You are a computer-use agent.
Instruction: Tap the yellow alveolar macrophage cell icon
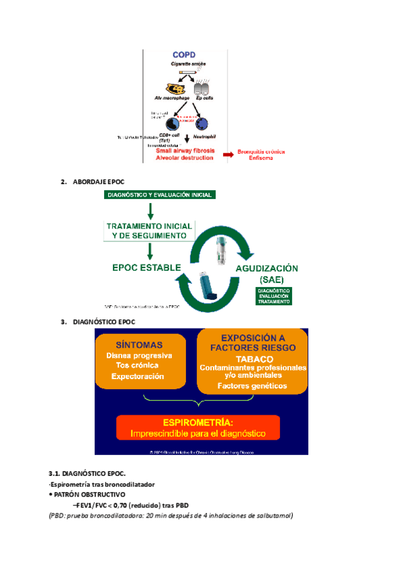click(175, 89)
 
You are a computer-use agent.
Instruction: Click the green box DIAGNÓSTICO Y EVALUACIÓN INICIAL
click(159, 195)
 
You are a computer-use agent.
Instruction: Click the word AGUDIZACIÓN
click(266, 268)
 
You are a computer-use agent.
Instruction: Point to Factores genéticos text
click(252, 386)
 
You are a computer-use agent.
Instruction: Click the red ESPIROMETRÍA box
click(201, 428)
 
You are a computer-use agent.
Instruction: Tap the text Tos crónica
click(138, 366)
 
